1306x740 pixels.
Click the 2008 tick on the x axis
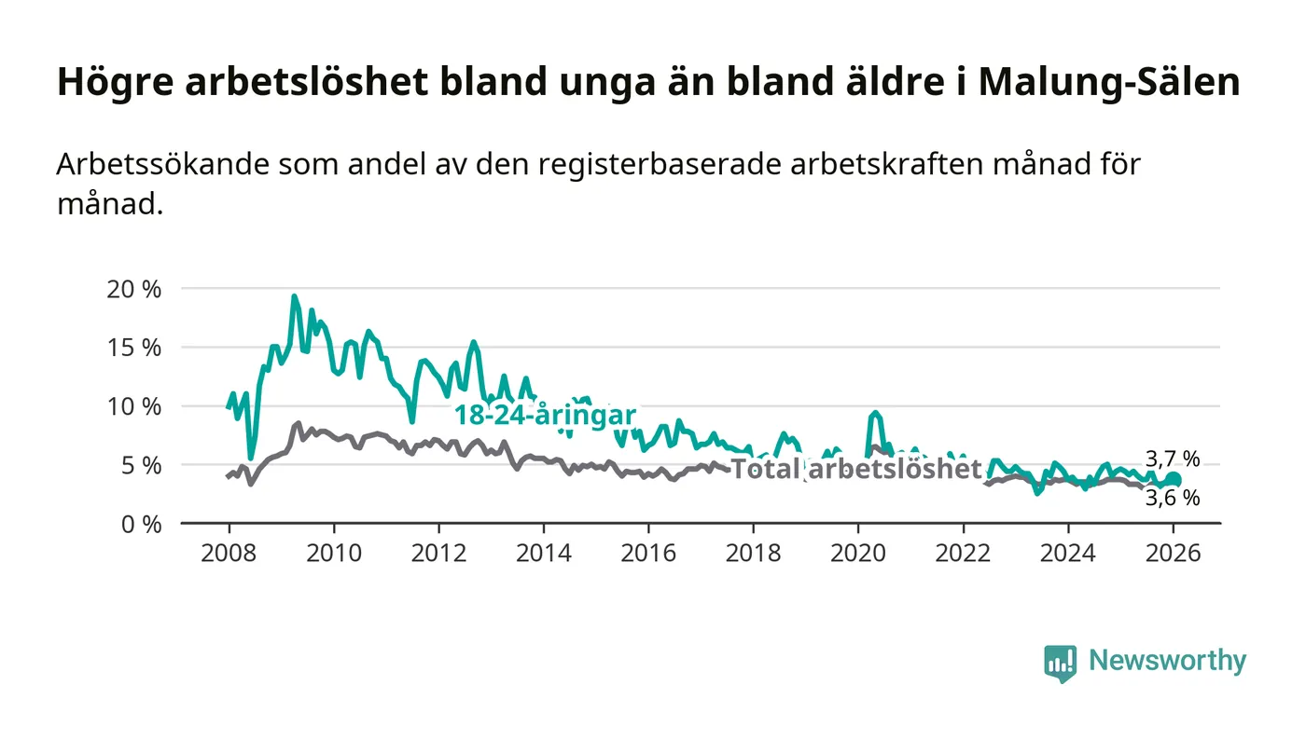(229, 552)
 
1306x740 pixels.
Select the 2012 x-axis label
(439, 552)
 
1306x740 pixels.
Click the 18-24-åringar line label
(545, 415)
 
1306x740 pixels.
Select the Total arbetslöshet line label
(855, 469)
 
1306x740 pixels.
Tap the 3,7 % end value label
(1173, 459)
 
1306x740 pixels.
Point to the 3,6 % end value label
(1173, 498)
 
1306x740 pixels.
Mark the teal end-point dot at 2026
(1174, 479)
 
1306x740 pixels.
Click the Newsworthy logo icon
(1060, 663)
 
